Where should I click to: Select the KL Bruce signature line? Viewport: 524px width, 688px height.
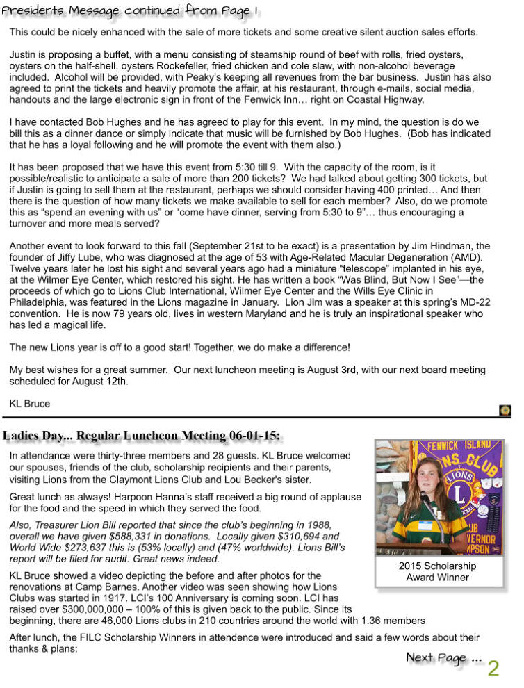tap(29, 403)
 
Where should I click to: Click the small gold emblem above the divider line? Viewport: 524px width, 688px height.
tap(506, 411)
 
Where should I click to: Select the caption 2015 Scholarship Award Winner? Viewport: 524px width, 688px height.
tap(437, 571)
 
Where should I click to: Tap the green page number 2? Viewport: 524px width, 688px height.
tap(493, 669)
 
